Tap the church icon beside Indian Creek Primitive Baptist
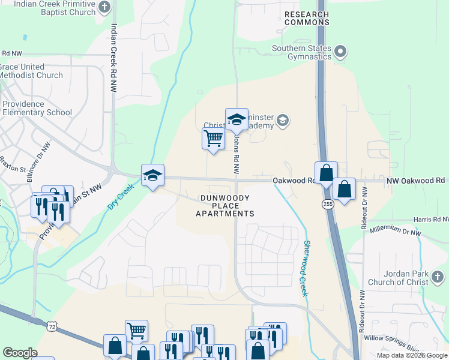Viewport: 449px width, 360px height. point(104,8)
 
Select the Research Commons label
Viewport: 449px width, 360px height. point(307,18)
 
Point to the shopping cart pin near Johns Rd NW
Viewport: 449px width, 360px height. point(214,139)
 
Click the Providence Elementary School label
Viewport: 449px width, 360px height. point(36,108)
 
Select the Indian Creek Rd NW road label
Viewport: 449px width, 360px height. point(113,58)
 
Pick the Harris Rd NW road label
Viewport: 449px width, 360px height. point(427,220)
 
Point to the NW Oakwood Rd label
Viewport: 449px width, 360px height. point(416,180)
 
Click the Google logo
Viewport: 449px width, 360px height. point(20,353)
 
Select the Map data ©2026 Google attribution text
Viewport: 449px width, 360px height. point(411,355)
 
